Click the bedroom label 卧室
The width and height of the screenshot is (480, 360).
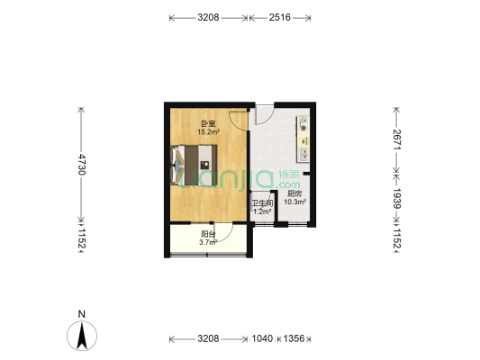tap(208, 124)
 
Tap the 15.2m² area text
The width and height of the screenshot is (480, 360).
tap(209, 131)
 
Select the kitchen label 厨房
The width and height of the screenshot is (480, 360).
tap(294, 193)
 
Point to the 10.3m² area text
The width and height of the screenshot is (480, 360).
tap(295, 202)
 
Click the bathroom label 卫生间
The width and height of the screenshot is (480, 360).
tap(262, 203)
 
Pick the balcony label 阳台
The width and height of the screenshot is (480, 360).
tap(208, 234)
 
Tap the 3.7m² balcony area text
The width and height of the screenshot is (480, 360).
tap(208, 242)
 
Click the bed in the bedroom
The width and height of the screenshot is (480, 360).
tap(194, 166)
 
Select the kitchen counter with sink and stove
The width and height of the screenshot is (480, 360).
tap(303, 139)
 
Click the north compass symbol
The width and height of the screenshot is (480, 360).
tap(82, 336)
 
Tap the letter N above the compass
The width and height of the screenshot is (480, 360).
tap(81, 314)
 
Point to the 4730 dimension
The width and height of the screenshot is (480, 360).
tap(82, 165)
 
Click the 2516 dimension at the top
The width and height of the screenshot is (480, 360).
tap(280, 17)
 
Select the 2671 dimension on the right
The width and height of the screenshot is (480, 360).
tap(397, 139)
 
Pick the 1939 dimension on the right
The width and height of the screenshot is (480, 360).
tap(397, 198)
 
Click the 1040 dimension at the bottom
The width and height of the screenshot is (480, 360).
tap(262, 338)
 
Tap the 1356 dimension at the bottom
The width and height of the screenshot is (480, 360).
tap(294, 338)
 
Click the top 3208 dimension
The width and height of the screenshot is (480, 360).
tap(208, 17)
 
